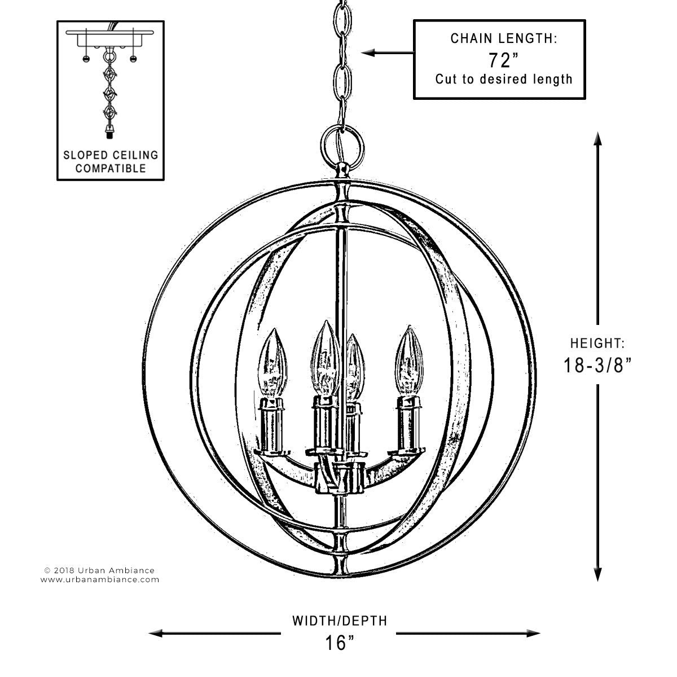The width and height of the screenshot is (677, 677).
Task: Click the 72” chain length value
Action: [x=503, y=60]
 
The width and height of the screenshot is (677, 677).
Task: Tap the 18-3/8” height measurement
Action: [x=597, y=365]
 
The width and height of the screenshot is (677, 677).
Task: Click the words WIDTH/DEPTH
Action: [x=340, y=621]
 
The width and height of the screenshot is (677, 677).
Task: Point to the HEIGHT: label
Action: [x=597, y=343]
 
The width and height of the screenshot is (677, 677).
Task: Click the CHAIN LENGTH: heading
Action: [x=504, y=38]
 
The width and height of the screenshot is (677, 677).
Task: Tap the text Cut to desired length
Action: [x=504, y=79]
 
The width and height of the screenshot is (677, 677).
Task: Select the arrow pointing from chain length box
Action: [x=388, y=53]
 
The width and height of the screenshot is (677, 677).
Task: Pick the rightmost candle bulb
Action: [x=409, y=361]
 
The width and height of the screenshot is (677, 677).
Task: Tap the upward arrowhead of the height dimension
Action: [x=597, y=139]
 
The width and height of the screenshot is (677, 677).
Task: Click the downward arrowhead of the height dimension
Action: [x=597, y=574]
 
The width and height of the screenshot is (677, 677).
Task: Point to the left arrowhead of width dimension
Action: [x=156, y=634]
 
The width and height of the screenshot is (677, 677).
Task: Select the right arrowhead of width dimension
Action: [x=533, y=634]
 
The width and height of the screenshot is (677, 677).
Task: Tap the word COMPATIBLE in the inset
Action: [x=111, y=168]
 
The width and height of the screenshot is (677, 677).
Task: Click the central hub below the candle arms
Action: [x=339, y=478]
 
